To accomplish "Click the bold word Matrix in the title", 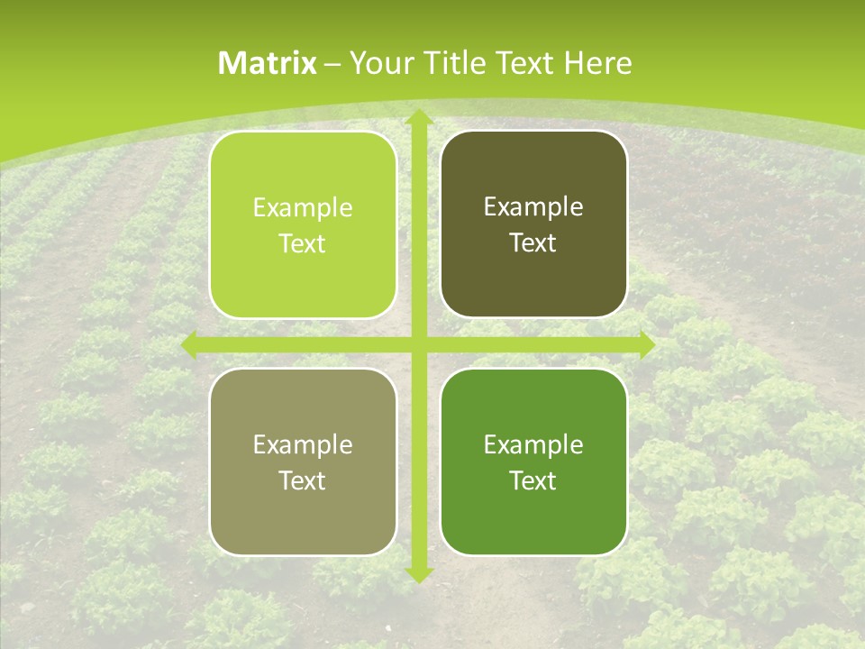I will (x=268, y=63).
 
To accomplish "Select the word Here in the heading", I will (x=597, y=63).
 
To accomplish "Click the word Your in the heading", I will (x=378, y=63).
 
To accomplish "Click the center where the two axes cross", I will (x=418, y=344).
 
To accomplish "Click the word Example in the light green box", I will (x=303, y=208).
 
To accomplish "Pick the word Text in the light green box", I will (x=303, y=244).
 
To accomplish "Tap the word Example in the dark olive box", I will (x=533, y=207).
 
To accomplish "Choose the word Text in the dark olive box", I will (x=533, y=243).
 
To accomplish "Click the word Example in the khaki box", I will (x=303, y=445).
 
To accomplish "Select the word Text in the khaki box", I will (x=303, y=481).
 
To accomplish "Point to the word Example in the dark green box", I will (x=533, y=445).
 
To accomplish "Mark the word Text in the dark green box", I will (x=533, y=481).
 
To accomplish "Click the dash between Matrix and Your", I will (x=332, y=64).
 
